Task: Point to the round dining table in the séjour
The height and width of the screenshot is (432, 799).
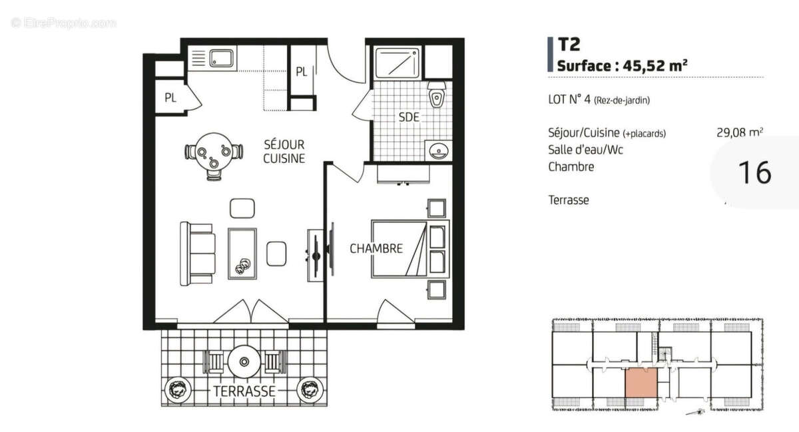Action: [x=213, y=153]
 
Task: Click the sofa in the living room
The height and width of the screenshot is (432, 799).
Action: [x=198, y=254]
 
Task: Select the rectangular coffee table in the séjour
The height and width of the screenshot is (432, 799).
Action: [x=242, y=253]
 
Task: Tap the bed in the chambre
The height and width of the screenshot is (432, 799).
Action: [x=406, y=248]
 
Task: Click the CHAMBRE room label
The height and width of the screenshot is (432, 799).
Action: [x=376, y=249]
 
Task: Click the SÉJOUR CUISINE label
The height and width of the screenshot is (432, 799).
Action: [x=284, y=151]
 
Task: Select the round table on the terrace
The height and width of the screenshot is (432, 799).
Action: [x=242, y=361]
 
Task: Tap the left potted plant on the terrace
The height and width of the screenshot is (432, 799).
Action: [x=178, y=389]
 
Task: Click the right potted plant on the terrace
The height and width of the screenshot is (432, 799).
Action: [x=308, y=389]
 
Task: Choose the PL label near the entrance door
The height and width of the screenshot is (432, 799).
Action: [x=302, y=72]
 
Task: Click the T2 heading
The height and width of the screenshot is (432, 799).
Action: [x=568, y=45]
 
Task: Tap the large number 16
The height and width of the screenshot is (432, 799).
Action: [x=754, y=172]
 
